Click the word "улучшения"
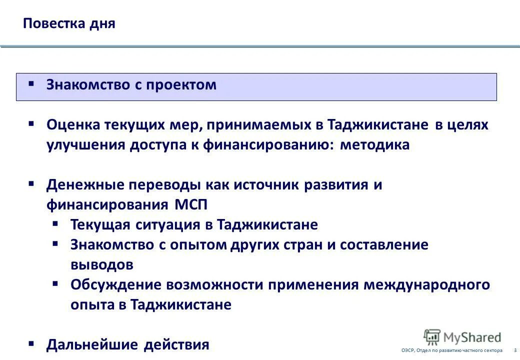pyautogui.click(x=85, y=144)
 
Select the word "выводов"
pyautogui.click(x=101, y=264)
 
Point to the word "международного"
pyautogui.click(x=426, y=284)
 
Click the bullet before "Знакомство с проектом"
pyautogui.click(x=31, y=83)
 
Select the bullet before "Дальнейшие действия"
pyautogui.click(x=31, y=343)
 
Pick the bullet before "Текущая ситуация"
pyautogui.click(x=55, y=223)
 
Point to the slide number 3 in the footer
pyautogui.click(x=515, y=350)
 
